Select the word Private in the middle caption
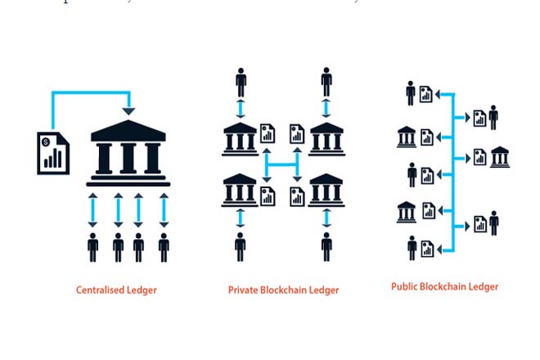click(x=243, y=290)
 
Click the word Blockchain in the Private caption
click(x=286, y=290)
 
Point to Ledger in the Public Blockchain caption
click(x=483, y=286)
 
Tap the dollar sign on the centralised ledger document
click(x=48, y=142)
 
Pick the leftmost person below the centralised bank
click(x=92, y=247)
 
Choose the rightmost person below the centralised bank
click(x=164, y=247)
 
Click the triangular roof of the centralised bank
click(x=128, y=129)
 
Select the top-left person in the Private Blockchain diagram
click(x=241, y=83)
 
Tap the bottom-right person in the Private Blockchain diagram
click(x=326, y=246)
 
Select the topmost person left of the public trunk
click(x=411, y=93)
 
